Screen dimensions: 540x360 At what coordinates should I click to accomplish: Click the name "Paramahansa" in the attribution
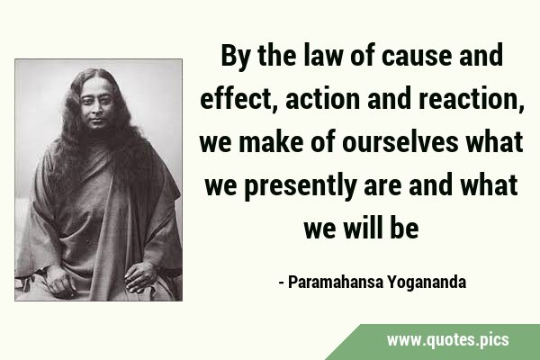(x=335, y=282)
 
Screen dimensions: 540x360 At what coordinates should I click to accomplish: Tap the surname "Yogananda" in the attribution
(x=427, y=283)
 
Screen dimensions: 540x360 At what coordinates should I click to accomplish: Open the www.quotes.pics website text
(x=447, y=340)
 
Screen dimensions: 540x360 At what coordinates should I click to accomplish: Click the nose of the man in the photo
(x=97, y=109)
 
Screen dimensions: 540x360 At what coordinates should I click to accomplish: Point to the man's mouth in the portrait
(x=97, y=121)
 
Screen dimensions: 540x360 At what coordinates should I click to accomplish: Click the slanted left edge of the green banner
(x=343, y=342)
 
